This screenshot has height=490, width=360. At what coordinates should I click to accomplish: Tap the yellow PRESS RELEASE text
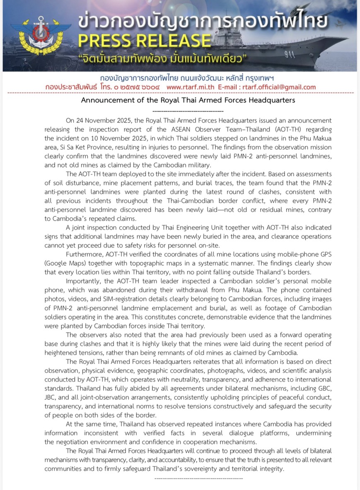tap(145, 41)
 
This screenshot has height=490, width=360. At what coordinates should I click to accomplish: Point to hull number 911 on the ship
tap(289, 53)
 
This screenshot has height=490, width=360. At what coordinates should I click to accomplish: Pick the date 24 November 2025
tap(98, 121)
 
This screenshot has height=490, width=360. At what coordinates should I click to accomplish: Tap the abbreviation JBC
tap(51, 397)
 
